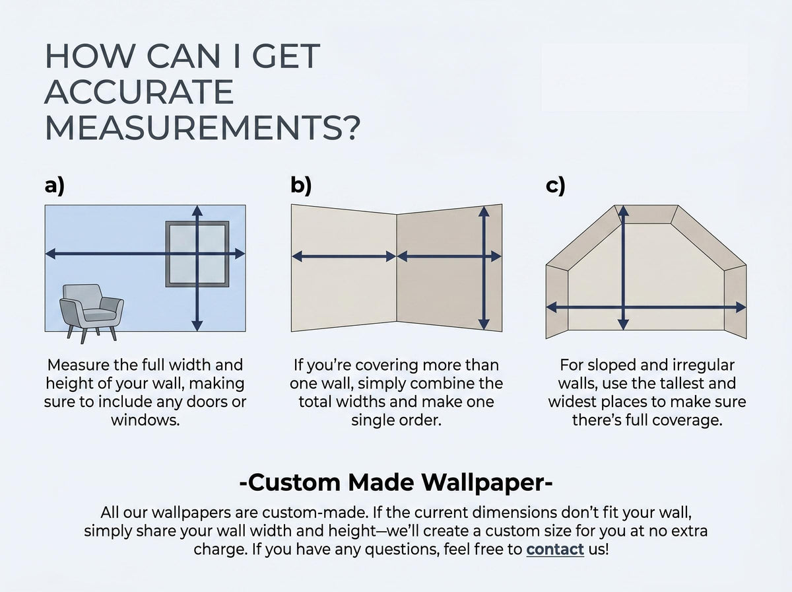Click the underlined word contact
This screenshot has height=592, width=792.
555,549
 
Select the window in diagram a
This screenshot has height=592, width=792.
197,254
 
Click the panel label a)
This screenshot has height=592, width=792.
55,186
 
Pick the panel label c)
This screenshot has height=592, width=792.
555,186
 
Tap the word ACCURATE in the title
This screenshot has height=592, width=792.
139,92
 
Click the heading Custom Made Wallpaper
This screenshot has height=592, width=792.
396,482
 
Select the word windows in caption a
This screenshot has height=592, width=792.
145,420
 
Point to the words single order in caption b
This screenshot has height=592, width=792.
396,420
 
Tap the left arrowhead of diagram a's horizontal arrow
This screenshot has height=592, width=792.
51,254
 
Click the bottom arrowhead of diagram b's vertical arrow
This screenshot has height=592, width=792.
484,324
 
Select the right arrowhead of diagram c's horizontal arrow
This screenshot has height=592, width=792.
741,308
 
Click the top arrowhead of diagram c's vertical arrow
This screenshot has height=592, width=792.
624,211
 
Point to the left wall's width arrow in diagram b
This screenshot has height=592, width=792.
344,257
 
